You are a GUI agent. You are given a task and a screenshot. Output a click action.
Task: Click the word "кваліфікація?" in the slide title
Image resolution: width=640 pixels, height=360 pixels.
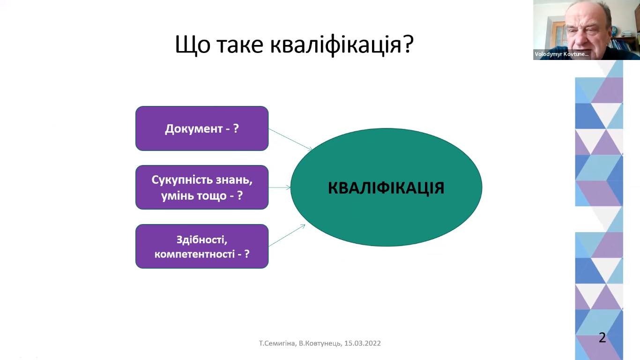[342, 45]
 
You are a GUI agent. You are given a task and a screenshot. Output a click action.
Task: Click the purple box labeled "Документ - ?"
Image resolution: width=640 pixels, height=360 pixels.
[202, 128]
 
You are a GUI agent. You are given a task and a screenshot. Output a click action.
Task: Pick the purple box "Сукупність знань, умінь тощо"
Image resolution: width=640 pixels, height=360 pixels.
[202, 187]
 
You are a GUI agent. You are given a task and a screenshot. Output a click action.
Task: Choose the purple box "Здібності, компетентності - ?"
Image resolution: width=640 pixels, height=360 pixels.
[202, 246]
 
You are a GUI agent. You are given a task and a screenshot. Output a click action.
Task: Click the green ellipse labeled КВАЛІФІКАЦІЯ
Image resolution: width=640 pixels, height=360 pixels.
[386, 187]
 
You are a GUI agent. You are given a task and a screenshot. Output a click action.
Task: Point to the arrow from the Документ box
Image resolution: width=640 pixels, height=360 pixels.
[290, 140]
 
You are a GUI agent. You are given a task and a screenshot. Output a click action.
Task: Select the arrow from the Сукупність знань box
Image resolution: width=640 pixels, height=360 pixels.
[280, 187]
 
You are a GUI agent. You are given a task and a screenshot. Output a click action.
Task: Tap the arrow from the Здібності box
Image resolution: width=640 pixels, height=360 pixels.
[287, 235]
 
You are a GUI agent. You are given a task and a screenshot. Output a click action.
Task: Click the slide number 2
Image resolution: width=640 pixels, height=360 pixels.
[603, 337]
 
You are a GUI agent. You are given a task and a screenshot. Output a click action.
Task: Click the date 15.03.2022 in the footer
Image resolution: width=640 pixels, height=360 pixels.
[362, 343]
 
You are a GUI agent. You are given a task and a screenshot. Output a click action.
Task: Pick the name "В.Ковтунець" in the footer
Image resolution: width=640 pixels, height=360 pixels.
[320, 343]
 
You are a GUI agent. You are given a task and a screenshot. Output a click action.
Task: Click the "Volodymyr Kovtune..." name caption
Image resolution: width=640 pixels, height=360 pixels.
[562, 54]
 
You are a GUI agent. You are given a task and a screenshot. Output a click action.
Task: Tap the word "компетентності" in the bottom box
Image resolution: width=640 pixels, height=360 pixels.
[194, 254]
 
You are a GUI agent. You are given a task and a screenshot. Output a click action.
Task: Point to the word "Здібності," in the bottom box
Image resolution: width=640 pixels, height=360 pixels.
[202, 240]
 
